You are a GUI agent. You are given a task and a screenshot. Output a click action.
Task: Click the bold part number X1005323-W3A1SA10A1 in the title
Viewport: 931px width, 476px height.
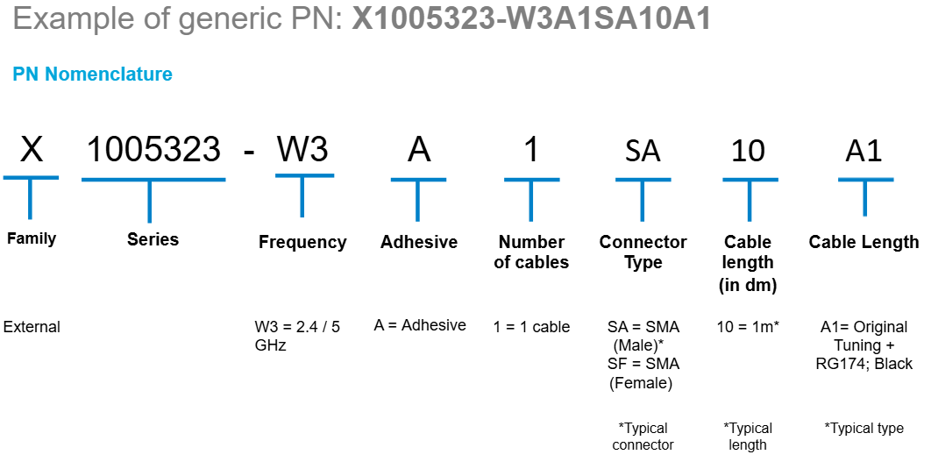531,19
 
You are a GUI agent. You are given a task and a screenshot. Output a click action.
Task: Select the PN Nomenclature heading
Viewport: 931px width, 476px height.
92,75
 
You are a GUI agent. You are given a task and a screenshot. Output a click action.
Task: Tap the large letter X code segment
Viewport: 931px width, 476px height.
32,150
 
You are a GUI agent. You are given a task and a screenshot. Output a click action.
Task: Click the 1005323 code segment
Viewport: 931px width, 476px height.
153,150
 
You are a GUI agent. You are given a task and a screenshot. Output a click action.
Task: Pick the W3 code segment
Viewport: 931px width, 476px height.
302,150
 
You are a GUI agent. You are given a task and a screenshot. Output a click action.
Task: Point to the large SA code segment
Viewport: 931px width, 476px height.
643,152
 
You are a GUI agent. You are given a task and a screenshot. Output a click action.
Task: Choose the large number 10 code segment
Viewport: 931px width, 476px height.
748,151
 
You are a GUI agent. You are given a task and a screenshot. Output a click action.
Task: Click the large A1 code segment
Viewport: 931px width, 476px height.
863,151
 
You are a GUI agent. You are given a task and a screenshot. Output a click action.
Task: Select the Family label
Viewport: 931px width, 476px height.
32,238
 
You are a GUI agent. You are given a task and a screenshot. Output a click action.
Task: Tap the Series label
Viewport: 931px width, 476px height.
153,239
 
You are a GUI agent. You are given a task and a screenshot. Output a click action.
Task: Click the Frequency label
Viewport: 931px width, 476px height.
302,242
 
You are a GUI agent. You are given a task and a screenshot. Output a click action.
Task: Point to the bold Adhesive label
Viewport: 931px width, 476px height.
419,242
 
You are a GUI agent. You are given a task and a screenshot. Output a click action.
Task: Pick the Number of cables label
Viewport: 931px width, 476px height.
531,252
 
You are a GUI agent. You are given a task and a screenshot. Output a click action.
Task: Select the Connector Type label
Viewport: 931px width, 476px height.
643,252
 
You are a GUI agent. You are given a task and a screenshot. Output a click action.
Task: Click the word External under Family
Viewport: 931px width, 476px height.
32,327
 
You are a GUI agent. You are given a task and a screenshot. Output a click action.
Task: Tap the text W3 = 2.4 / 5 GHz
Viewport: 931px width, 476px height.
297,336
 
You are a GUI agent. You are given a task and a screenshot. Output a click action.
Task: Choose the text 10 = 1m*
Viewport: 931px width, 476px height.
748,327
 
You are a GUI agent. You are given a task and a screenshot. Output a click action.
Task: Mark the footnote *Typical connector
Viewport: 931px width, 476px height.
643,437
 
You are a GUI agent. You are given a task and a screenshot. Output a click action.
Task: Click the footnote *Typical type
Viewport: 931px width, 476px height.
863,428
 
